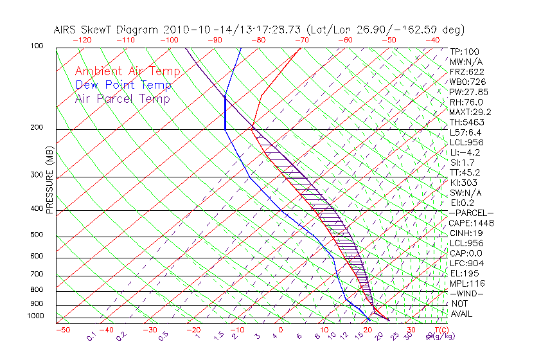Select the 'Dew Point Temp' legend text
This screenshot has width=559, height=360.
[x=123, y=85]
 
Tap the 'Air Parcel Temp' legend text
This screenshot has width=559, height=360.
[x=123, y=98]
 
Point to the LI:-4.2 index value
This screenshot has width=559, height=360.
[x=465, y=152]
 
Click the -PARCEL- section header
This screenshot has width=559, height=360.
[x=471, y=213]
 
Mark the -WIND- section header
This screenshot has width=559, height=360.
[x=467, y=294]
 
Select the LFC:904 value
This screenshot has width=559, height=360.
[x=466, y=264]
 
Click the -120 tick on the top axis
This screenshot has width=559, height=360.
[x=82, y=40]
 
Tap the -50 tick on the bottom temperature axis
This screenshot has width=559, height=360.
[x=62, y=330]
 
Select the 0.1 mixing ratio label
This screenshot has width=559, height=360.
[x=92, y=335]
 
